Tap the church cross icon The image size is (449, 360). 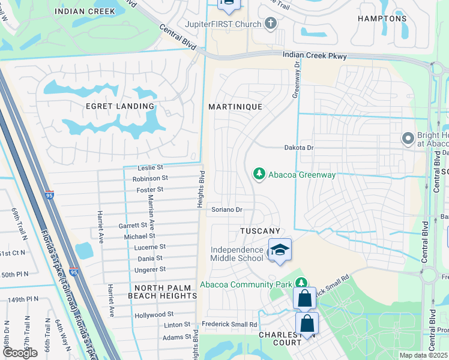[x=271, y=24]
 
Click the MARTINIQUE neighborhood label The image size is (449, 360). [x=235, y=106]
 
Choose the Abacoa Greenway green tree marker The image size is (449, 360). [x=259, y=174]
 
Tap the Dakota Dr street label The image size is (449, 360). [x=299, y=147]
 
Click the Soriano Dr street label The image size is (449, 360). [x=226, y=210]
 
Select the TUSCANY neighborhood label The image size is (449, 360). [x=261, y=231]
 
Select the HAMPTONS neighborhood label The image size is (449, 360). [x=382, y=19]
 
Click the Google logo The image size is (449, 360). [x=20, y=352]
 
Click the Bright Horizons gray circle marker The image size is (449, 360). [x=408, y=139]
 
